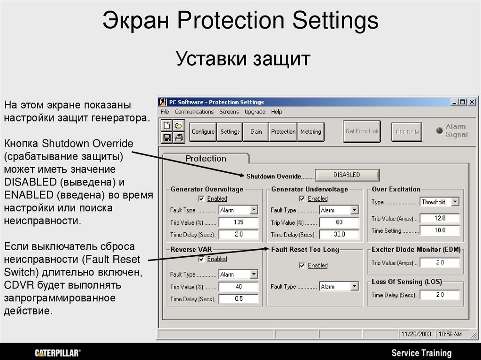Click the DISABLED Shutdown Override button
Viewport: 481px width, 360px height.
click(x=347, y=175)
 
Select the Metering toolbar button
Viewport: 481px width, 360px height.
click(x=310, y=132)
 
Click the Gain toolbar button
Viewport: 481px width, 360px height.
click(x=256, y=132)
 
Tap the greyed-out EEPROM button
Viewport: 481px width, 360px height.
click(x=406, y=132)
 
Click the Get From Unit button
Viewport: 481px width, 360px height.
click(x=362, y=131)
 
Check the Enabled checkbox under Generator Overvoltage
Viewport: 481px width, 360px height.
click(x=202, y=199)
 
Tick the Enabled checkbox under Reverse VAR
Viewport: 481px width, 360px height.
click(x=202, y=259)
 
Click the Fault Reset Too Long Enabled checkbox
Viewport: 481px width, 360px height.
click(x=302, y=266)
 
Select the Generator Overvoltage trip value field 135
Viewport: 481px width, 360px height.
click(x=239, y=222)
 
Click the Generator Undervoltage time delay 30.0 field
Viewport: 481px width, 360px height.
click(x=339, y=234)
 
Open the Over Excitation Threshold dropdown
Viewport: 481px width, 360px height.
click(x=455, y=202)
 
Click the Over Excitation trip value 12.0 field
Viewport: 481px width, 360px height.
click(x=440, y=218)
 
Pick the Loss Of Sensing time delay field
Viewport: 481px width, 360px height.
click(x=440, y=295)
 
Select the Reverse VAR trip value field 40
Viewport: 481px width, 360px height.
click(x=239, y=286)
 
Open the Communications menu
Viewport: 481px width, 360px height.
click(x=194, y=112)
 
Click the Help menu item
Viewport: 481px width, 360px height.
click(x=276, y=112)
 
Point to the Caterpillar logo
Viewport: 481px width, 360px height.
click(x=57, y=353)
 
